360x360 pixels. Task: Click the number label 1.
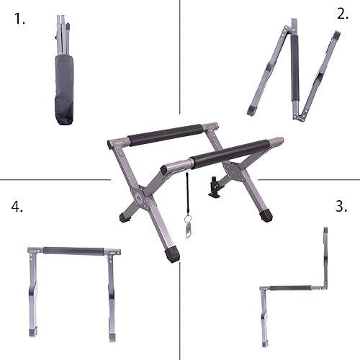pyautogui.click(x=19, y=19)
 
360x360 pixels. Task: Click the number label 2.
pyautogui.click(x=341, y=14)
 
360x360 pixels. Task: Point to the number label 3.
pyautogui.click(x=341, y=206)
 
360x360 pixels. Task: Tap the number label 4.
pyautogui.click(x=17, y=207)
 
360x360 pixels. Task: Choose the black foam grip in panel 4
pyautogui.click(x=74, y=251)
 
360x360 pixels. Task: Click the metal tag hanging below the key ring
pyautogui.click(x=189, y=229)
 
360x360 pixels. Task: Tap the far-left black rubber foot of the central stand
pyautogui.click(x=121, y=215)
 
